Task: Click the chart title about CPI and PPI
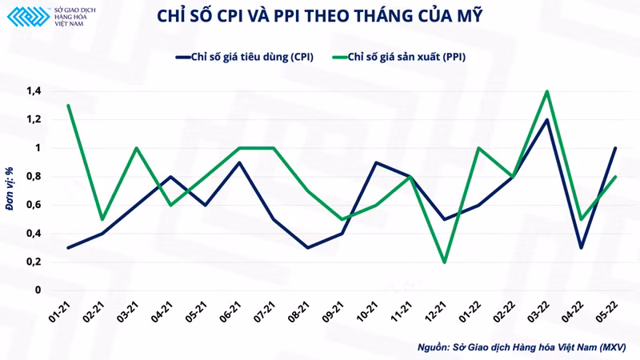coord(320,17)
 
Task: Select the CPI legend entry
coord(245,57)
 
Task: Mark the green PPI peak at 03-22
coord(546,91)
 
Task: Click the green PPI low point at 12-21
coord(443,262)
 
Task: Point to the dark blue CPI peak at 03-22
coord(546,120)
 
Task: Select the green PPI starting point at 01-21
coord(67,106)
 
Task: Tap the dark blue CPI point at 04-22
coord(581,247)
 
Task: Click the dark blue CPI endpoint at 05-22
coord(614,148)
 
